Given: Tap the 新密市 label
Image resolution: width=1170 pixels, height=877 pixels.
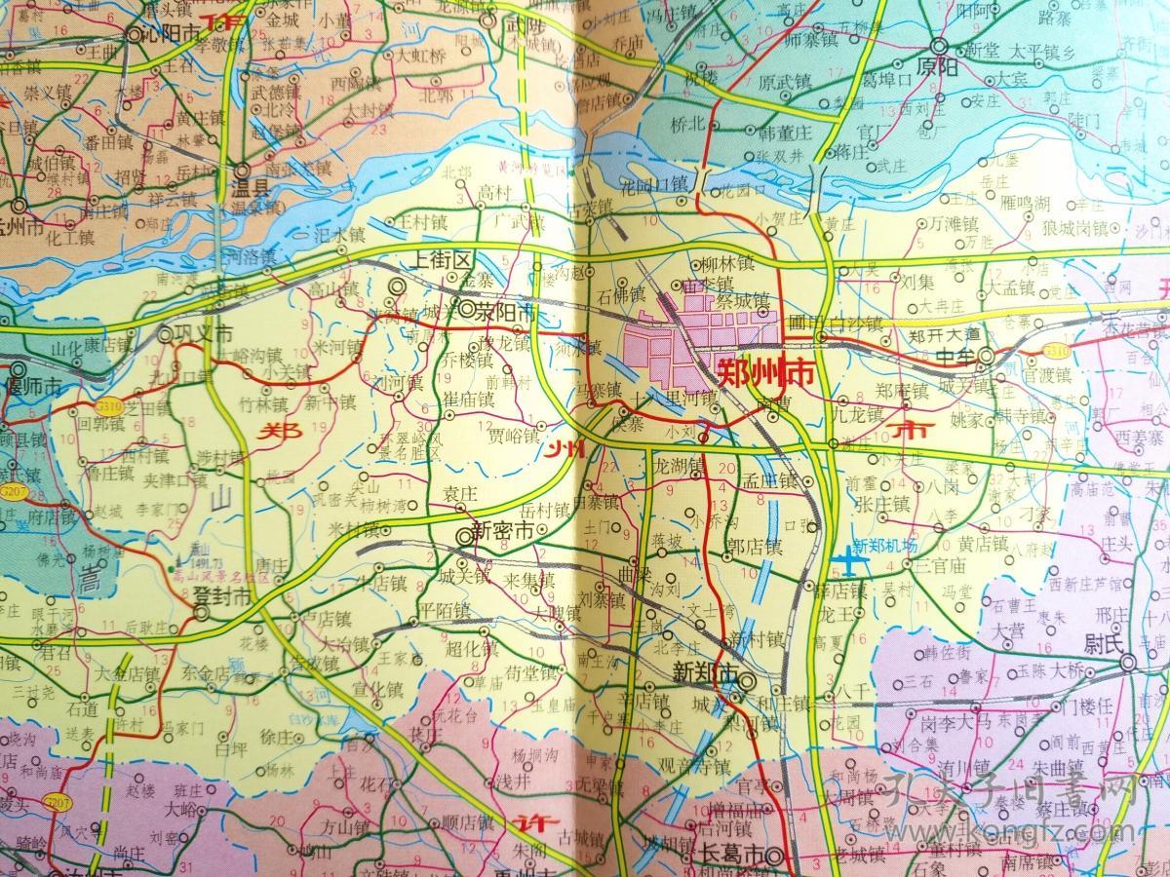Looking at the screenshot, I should pos(502,531).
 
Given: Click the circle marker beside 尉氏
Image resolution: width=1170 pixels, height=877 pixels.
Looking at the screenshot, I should pos(1127,663).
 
